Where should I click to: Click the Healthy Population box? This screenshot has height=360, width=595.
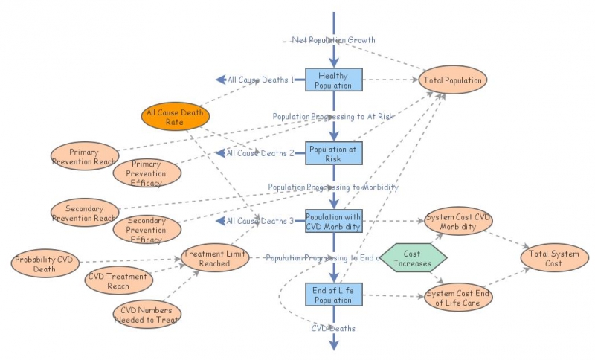(333, 80)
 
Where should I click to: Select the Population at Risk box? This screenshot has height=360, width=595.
(333, 153)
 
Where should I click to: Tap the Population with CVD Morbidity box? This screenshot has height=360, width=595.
(333, 221)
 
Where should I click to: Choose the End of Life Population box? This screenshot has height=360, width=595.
(333, 295)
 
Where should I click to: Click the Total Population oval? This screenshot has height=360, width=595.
(452, 80)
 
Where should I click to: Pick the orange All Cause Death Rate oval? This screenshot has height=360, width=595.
(175, 117)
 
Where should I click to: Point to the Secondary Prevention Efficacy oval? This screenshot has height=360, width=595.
(147, 230)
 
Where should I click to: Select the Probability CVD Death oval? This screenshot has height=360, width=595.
(45, 263)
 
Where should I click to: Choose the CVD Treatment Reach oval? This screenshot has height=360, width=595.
(118, 281)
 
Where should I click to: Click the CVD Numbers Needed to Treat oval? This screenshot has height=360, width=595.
(147, 315)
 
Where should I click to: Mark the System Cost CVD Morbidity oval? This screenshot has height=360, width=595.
(457, 222)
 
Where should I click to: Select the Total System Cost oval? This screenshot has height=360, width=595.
(554, 259)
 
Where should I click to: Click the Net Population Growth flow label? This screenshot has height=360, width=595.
(333, 40)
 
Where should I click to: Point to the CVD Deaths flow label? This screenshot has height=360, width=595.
(333, 328)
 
